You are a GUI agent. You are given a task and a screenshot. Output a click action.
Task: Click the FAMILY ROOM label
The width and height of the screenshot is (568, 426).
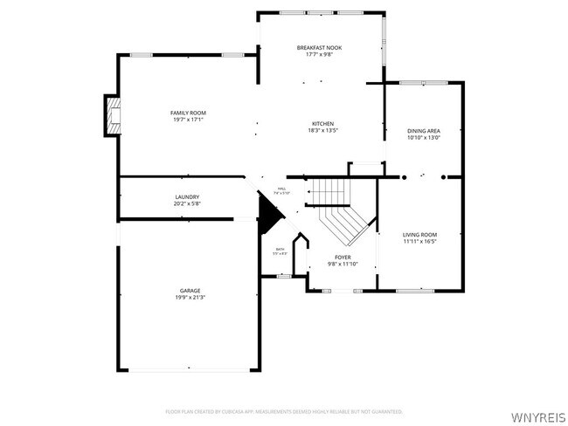(x=188, y=113)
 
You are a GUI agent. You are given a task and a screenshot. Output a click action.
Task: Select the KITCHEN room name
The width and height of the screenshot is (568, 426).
(x=322, y=124)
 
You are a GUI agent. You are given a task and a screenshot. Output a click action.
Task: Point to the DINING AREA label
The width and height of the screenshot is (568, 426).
(x=424, y=130)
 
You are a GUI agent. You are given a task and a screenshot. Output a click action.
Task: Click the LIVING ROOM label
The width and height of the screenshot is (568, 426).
(x=419, y=235)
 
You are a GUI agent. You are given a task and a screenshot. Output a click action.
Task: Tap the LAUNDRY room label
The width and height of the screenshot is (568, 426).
(x=187, y=197)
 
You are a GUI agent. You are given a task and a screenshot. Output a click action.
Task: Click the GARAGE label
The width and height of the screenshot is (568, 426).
(x=190, y=290)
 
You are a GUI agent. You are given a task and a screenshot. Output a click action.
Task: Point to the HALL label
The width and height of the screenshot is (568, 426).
(x=281, y=189)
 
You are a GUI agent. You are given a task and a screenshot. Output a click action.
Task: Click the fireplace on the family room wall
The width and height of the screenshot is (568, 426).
(x=111, y=115)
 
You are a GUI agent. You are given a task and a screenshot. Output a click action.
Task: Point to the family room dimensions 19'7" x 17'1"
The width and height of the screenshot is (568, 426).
(x=188, y=120)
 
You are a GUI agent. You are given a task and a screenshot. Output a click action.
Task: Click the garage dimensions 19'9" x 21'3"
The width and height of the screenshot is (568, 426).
(x=190, y=297)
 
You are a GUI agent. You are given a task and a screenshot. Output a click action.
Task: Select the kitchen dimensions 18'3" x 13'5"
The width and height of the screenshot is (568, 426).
(x=322, y=131)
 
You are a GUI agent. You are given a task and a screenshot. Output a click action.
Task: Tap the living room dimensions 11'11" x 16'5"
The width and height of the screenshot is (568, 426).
(x=419, y=242)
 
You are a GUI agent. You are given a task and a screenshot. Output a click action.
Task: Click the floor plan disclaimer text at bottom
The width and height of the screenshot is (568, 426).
(x=283, y=410)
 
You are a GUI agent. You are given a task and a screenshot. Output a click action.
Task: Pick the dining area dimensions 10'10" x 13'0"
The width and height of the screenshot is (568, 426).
(x=424, y=137)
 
